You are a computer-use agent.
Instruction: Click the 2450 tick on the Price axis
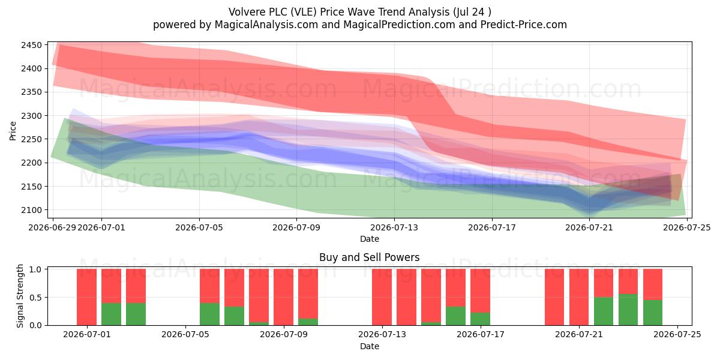(x=31, y=45)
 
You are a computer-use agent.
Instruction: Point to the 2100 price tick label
(x=31, y=210)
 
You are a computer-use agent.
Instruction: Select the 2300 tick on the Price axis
(x=31, y=116)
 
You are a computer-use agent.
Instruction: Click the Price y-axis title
(x=13, y=131)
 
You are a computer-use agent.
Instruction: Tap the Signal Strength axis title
(x=20, y=296)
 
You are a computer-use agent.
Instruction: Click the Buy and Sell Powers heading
(x=370, y=257)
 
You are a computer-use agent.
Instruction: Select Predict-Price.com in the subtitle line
(x=524, y=25)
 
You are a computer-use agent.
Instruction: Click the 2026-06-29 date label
(x=52, y=227)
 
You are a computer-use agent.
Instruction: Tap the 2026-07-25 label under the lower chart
(x=677, y=335)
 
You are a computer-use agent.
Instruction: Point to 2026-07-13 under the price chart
(x=394, y=227)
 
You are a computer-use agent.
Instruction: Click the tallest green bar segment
(x=628, y=310)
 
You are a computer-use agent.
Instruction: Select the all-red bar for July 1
(x=86, y=297)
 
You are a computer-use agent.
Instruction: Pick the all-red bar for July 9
(x=283, y=297)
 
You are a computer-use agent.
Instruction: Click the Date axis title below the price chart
(x=370, y=239)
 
